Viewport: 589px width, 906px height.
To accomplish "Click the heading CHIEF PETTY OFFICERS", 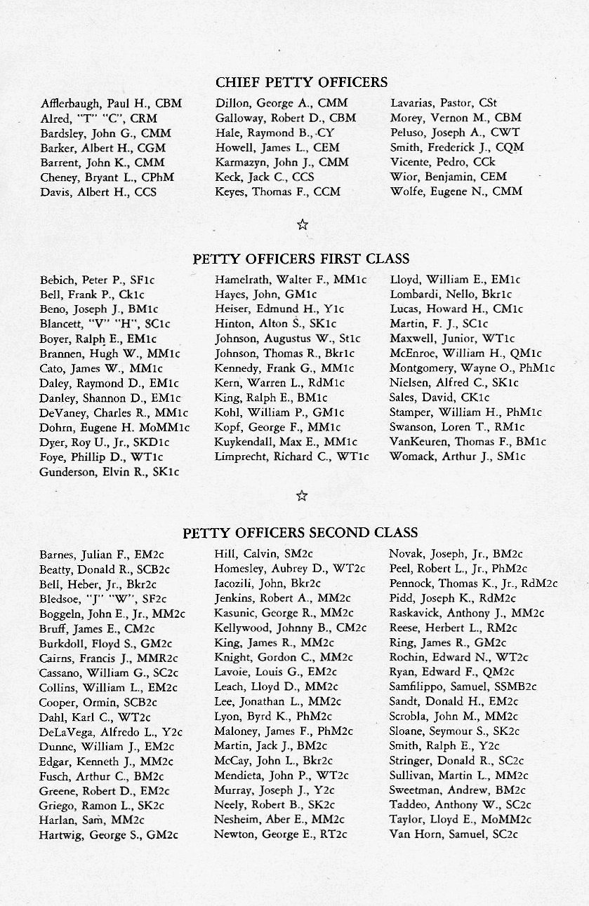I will coord(301,83).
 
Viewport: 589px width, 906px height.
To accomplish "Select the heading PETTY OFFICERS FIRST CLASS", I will coord(301,259).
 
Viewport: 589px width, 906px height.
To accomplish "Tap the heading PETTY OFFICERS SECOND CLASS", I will coord(300,533).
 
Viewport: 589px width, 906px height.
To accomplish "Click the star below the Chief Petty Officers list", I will coord(302,224).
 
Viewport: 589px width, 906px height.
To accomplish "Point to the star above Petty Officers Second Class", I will coord(302,496).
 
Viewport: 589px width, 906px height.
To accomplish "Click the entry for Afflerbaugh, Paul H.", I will coord(111,104).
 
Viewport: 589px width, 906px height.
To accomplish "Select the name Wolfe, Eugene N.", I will coord(456,191).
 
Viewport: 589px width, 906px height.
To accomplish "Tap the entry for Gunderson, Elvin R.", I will coord(110,472).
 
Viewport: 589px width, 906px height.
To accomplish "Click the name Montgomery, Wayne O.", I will coord(472,368).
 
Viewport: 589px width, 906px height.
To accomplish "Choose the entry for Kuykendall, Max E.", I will coord(286,442).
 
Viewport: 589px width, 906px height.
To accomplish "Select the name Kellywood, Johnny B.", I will coord(290,628).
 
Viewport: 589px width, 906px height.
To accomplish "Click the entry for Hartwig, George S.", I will coord(109,834).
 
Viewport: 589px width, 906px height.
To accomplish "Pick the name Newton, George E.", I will coord(280,834).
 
